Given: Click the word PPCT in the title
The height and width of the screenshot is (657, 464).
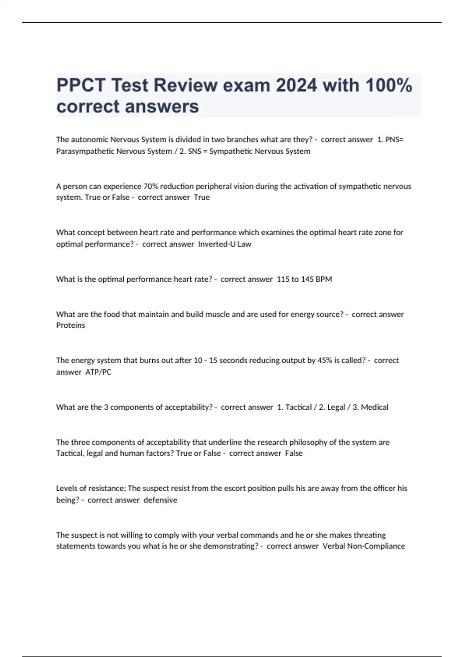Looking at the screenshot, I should point(81,85).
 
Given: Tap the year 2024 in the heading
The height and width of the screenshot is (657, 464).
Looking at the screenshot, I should point(296,85).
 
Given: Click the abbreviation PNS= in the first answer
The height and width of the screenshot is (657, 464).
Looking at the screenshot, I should point(394,140).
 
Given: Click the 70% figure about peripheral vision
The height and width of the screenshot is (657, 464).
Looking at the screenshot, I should point(150,186).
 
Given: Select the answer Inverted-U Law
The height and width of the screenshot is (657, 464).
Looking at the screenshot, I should point(225,244).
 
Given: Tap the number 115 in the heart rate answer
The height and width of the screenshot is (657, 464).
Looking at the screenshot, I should point(283,279).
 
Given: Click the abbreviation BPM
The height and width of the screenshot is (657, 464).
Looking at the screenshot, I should point(324,279).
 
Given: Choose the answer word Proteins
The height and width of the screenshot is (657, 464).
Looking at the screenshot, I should point(70,325).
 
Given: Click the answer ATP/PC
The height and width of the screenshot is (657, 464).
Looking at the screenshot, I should point(98,372).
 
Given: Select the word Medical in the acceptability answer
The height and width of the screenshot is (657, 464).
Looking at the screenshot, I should point(374,407).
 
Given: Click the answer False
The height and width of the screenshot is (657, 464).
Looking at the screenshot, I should point(294,453).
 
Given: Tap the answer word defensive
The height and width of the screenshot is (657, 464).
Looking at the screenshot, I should point(160,500).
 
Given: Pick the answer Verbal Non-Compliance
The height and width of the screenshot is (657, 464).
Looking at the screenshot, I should point(364,546).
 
